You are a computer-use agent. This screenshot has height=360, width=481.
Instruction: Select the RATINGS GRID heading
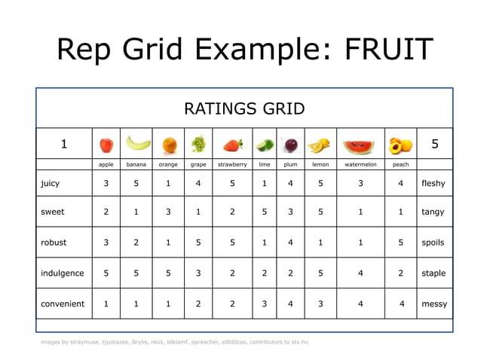[x=244, y=108]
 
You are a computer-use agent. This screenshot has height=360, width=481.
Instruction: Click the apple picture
[x=106, y=143]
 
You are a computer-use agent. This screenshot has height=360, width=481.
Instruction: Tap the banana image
[x=136, y=143]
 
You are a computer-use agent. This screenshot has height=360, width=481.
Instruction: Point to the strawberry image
[x=231, y=143]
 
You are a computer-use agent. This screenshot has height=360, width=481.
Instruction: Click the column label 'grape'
[x=198, y=164]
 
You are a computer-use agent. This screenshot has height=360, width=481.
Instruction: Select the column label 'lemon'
[x=320, y=164]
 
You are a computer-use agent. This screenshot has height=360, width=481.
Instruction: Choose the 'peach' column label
[x=401, y=164]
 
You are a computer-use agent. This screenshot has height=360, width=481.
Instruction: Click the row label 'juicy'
[x=51, y=183]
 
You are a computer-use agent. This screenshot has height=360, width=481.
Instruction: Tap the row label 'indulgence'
[x=62, y=273]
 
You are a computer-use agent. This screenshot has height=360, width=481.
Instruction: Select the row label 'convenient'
[x=63, y=304]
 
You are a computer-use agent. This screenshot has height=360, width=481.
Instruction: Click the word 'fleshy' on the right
[x=434, y=183]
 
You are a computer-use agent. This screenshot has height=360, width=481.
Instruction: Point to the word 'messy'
[x=434, y=304]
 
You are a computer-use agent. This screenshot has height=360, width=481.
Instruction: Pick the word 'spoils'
[x=434, y=243]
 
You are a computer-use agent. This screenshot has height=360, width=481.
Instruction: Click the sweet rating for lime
[x=264, y=212]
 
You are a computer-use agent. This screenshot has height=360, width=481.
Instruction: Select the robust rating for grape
[x=198, y=243]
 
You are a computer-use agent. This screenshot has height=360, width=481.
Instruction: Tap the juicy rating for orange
[x=168, y=183]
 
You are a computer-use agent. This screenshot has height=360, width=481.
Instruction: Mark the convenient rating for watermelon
[x=360, y=304]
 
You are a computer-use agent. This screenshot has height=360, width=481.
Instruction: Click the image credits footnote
[x=174, y=342]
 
